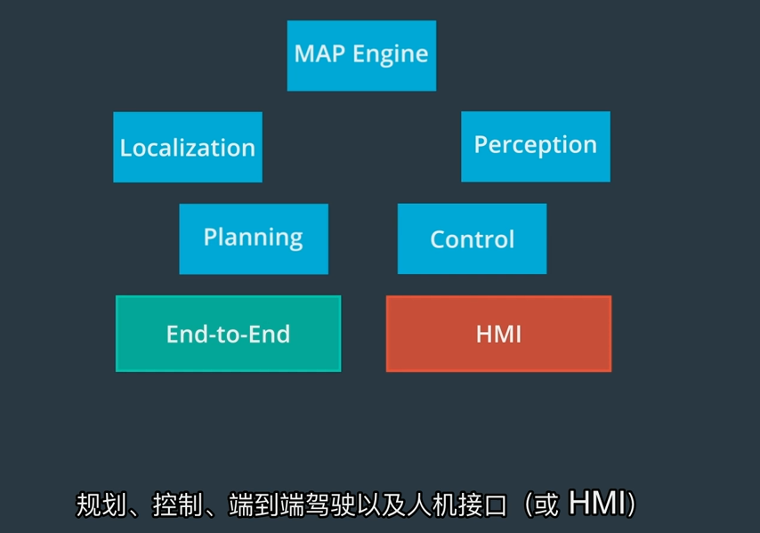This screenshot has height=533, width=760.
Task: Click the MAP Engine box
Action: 361,55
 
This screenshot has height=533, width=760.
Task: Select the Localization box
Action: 188,147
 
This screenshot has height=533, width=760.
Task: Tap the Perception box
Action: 535,146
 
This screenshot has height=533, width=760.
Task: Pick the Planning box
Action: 254,238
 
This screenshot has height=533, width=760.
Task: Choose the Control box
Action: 472,238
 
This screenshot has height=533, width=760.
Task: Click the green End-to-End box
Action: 228,334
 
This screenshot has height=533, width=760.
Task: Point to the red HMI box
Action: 498,334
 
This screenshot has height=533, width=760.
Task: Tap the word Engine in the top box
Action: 391,54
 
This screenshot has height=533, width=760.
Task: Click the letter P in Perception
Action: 481,144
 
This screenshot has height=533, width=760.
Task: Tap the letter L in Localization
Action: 125,148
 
